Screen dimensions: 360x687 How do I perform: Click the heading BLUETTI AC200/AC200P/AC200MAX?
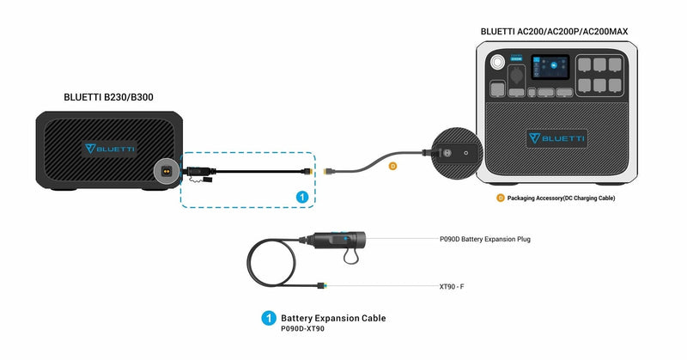554,32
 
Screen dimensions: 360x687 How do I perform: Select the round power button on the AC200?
497,63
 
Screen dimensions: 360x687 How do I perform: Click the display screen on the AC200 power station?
549,68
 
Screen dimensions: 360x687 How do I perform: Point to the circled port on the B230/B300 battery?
166,170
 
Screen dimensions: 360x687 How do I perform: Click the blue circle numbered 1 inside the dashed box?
301,197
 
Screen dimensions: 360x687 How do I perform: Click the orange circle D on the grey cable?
392,165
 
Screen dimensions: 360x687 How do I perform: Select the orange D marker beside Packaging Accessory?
500,198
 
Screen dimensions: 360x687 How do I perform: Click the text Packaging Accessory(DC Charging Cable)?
561,198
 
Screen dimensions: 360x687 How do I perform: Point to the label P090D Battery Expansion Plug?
483,239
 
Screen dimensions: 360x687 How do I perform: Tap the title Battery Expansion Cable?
333,318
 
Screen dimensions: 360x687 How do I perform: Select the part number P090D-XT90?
302,329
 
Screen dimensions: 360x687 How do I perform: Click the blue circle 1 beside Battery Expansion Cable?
267,319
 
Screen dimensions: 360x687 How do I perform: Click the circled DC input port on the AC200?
453,152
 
